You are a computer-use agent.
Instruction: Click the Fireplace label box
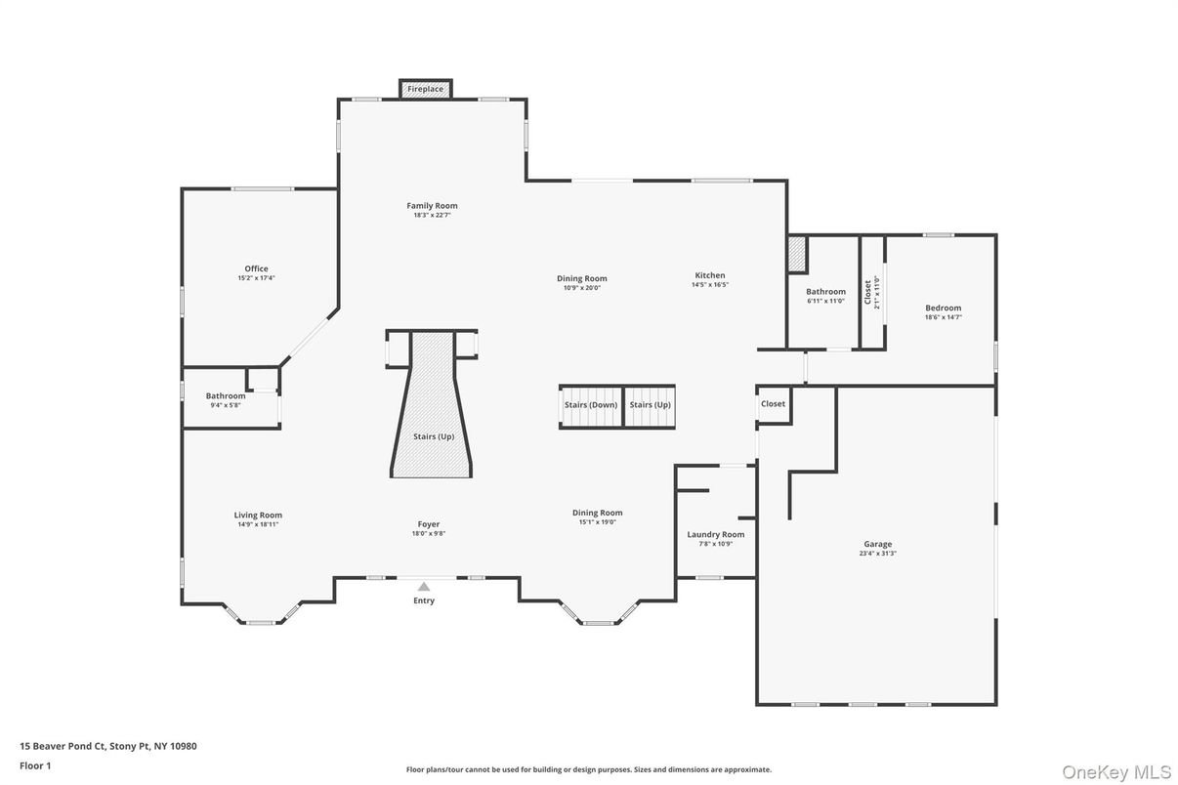click(425, 89)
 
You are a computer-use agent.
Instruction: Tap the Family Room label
click(432, 206)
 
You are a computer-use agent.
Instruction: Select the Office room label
click(256, 269)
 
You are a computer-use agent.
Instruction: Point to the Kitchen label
click(710, 275)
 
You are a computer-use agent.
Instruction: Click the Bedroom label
click(943, 309)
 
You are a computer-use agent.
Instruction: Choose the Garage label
click(877, 545)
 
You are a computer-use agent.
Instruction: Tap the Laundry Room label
click(716, 534)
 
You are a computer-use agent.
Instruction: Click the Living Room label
click(258, 516)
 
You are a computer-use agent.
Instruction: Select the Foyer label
click(429, 524)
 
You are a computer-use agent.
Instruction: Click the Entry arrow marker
click(424, 587)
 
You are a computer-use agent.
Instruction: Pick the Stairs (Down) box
click(590, 405)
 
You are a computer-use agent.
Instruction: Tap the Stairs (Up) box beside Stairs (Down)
click(650, 405)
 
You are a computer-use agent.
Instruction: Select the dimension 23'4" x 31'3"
click(877, 554)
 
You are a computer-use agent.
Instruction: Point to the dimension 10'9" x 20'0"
click(582, 288)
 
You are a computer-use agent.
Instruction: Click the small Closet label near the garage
click(773, 404)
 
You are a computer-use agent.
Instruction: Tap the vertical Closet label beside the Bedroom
click(867, 293)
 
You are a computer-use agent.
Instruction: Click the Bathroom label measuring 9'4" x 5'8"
click(226, 396)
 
